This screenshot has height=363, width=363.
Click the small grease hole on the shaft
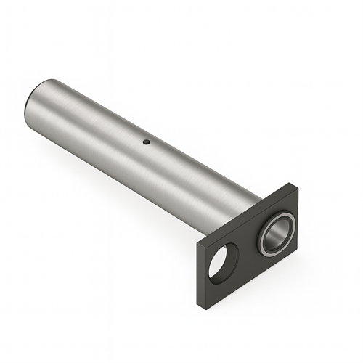[146, 142]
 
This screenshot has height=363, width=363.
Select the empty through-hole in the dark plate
[223, 262]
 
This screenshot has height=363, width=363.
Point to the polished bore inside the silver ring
[277, 233]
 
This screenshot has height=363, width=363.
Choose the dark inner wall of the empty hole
[232, 256]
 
